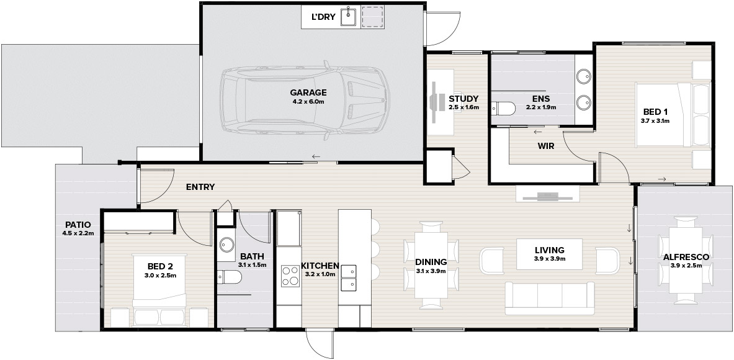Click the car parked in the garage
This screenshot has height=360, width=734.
pos(305,101)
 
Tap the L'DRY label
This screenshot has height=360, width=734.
pos(323,17)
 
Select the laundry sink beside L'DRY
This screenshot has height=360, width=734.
pos(349,16)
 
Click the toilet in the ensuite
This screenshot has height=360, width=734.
pos(503,109)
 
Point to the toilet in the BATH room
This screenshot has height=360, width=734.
pos(230,277)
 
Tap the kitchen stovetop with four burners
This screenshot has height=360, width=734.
pos(290,276)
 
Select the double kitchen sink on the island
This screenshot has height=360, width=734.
pos(348,277)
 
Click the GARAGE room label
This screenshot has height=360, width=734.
pos(308,92)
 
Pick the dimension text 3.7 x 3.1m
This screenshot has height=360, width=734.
pos(655,120)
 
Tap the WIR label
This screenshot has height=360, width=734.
pos(546,146)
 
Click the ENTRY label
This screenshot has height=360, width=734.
pos(200,187)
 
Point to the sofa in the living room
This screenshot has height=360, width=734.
pos(550,298)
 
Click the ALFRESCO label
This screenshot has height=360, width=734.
pos(686,257)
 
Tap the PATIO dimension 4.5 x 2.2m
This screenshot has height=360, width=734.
pos(78,233)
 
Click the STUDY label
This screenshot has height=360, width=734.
pos(463,99)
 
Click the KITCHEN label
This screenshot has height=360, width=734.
pos(320,266)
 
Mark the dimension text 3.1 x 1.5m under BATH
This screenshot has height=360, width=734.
pos(253,265)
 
